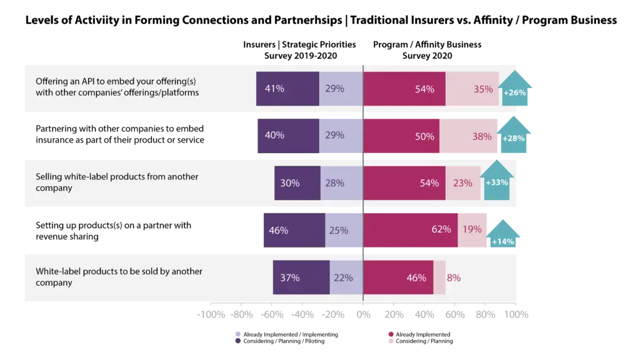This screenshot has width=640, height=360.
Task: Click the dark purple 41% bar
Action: pyautogui.click(x=287, y=89)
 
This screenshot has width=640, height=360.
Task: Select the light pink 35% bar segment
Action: pyautogui.click(x=472, y=89)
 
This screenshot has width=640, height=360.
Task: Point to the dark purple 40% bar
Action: pyautogui.click(x=288, y=136)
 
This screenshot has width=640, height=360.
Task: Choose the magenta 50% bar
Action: pyautogui.click(x=401, y=136)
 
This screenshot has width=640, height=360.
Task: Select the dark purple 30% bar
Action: pyautogui.click(x=297, y=183)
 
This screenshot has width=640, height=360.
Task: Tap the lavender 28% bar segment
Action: pyautogui.click(x=341, y=183)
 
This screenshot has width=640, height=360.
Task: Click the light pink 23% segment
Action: pyautogui.click(x=463, y=183)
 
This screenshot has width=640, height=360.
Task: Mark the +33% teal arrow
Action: pyautogui.click(x=497, y=182)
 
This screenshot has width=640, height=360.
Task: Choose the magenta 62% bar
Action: pyautogui.click(x=411, y=230)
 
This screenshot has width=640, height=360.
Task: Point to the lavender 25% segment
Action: pyautogui.click(x=344, y=230)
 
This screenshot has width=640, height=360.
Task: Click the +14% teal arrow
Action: pyautogui.click(x=504, y=236)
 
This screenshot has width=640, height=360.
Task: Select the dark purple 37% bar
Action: pyautogui.click(x=301, y=277)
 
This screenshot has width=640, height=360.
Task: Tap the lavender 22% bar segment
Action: pyautogui.click(x=346, y=277)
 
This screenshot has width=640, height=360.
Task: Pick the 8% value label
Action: pyautogui.click(x=454, y=277)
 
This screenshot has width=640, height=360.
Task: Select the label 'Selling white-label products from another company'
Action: pyautogui.click(x=117, y=182)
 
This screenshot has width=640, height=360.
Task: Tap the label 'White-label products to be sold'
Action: pyautogui.click(x=119, y=277)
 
